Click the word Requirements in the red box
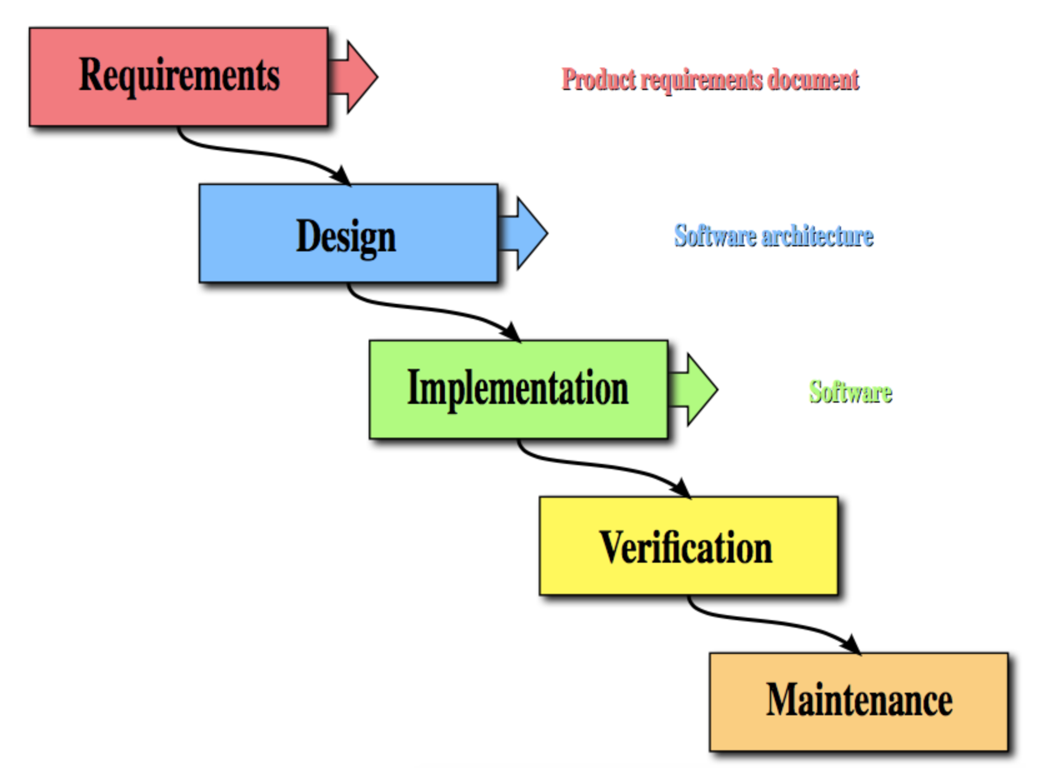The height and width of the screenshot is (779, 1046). (179, 75)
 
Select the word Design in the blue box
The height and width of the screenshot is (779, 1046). (346, 236)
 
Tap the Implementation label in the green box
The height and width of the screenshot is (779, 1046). (518, 388)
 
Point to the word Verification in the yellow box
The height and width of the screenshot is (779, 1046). (686, 548)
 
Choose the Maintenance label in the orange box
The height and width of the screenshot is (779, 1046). (859, 700)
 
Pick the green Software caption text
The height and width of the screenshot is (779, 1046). (850, 392)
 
